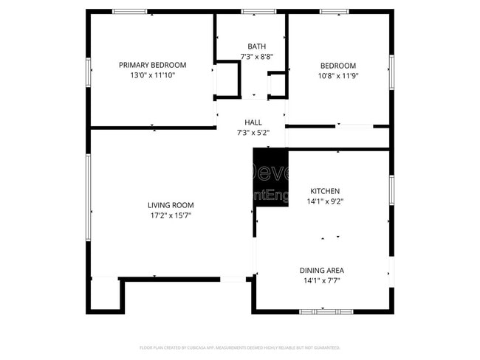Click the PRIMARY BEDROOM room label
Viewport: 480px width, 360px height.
(152, 65)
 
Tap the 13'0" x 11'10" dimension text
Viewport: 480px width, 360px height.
(152, 75)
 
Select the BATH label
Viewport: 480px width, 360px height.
(252, 46)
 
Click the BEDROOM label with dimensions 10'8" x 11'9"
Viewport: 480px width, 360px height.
(337, 65)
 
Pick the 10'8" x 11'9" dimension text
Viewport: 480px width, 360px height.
(337, 75)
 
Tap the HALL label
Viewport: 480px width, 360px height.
(253, 122)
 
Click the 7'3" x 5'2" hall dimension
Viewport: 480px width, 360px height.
(253, 133)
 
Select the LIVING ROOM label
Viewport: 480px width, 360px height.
(170, 205)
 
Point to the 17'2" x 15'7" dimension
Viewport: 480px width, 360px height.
(170, 215)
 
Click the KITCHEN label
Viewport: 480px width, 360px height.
(325, 190)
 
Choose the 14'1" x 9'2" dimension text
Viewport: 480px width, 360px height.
(325, 201)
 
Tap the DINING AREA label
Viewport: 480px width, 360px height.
(321, 270)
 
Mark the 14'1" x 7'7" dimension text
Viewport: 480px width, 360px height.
(321, 280)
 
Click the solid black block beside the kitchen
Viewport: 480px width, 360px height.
(270, 177)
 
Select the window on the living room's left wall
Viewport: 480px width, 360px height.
(89, 199)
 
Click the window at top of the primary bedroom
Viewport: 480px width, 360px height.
(129, 12)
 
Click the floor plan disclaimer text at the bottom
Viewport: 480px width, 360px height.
(240, 347)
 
